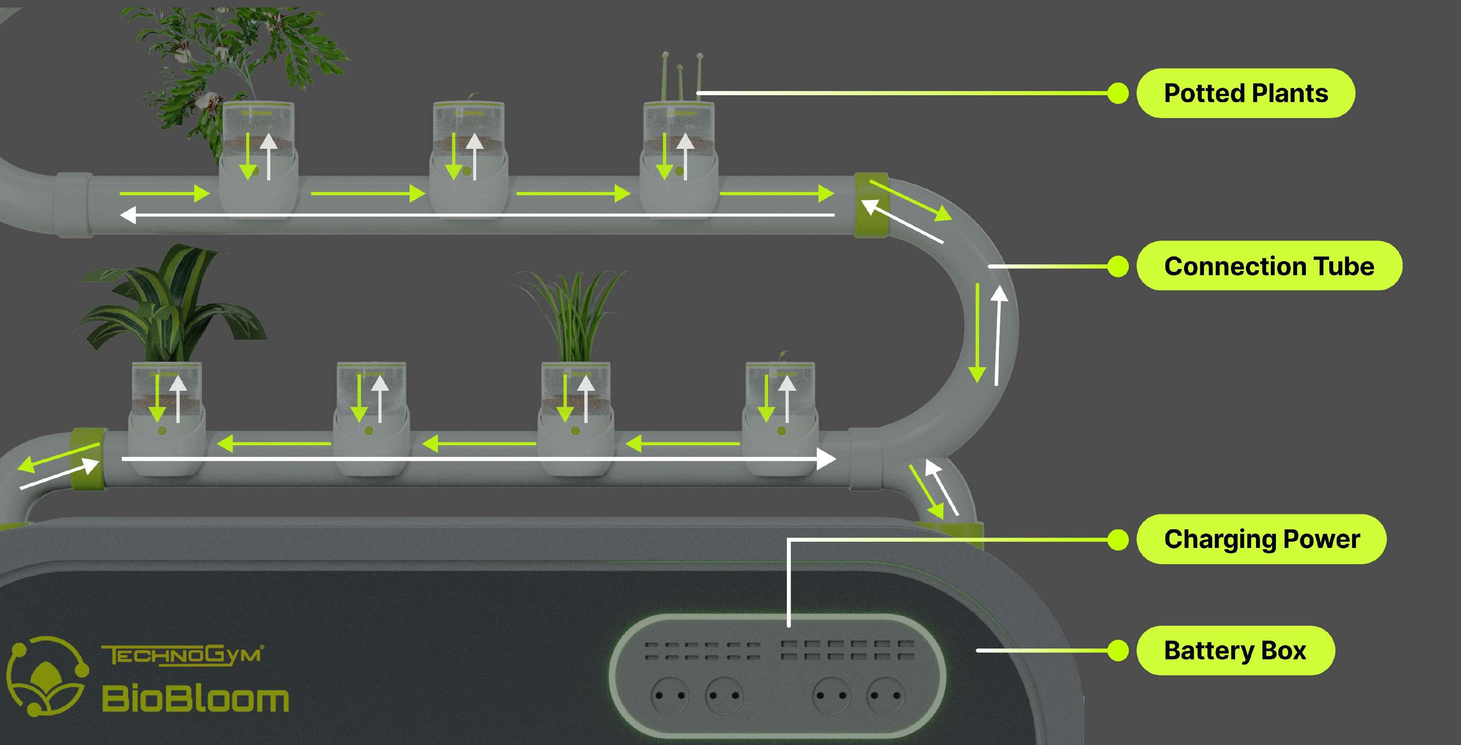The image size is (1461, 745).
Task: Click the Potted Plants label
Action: [x=1246, y=94]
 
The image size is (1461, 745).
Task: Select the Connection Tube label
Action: [x=1269, y=266]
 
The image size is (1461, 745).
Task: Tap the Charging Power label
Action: [x=1261, y=539]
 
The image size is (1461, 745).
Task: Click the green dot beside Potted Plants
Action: [x=1118, y=94]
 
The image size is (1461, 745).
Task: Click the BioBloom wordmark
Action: [x=195, y=698]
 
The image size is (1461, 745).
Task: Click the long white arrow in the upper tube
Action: [x=477, y=215]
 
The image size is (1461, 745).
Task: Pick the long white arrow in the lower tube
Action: [x=477, y=458]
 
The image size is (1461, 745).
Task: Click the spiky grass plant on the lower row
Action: [x=573, y=318]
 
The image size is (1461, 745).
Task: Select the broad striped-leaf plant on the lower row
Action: [x=167, y=306]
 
